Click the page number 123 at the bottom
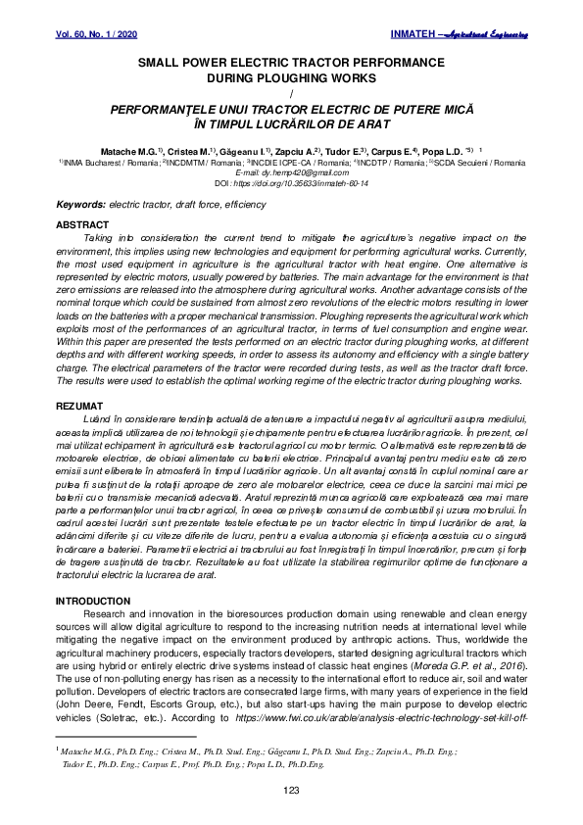click(x=291, y=790)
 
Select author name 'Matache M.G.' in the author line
click(x=127, y=152)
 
